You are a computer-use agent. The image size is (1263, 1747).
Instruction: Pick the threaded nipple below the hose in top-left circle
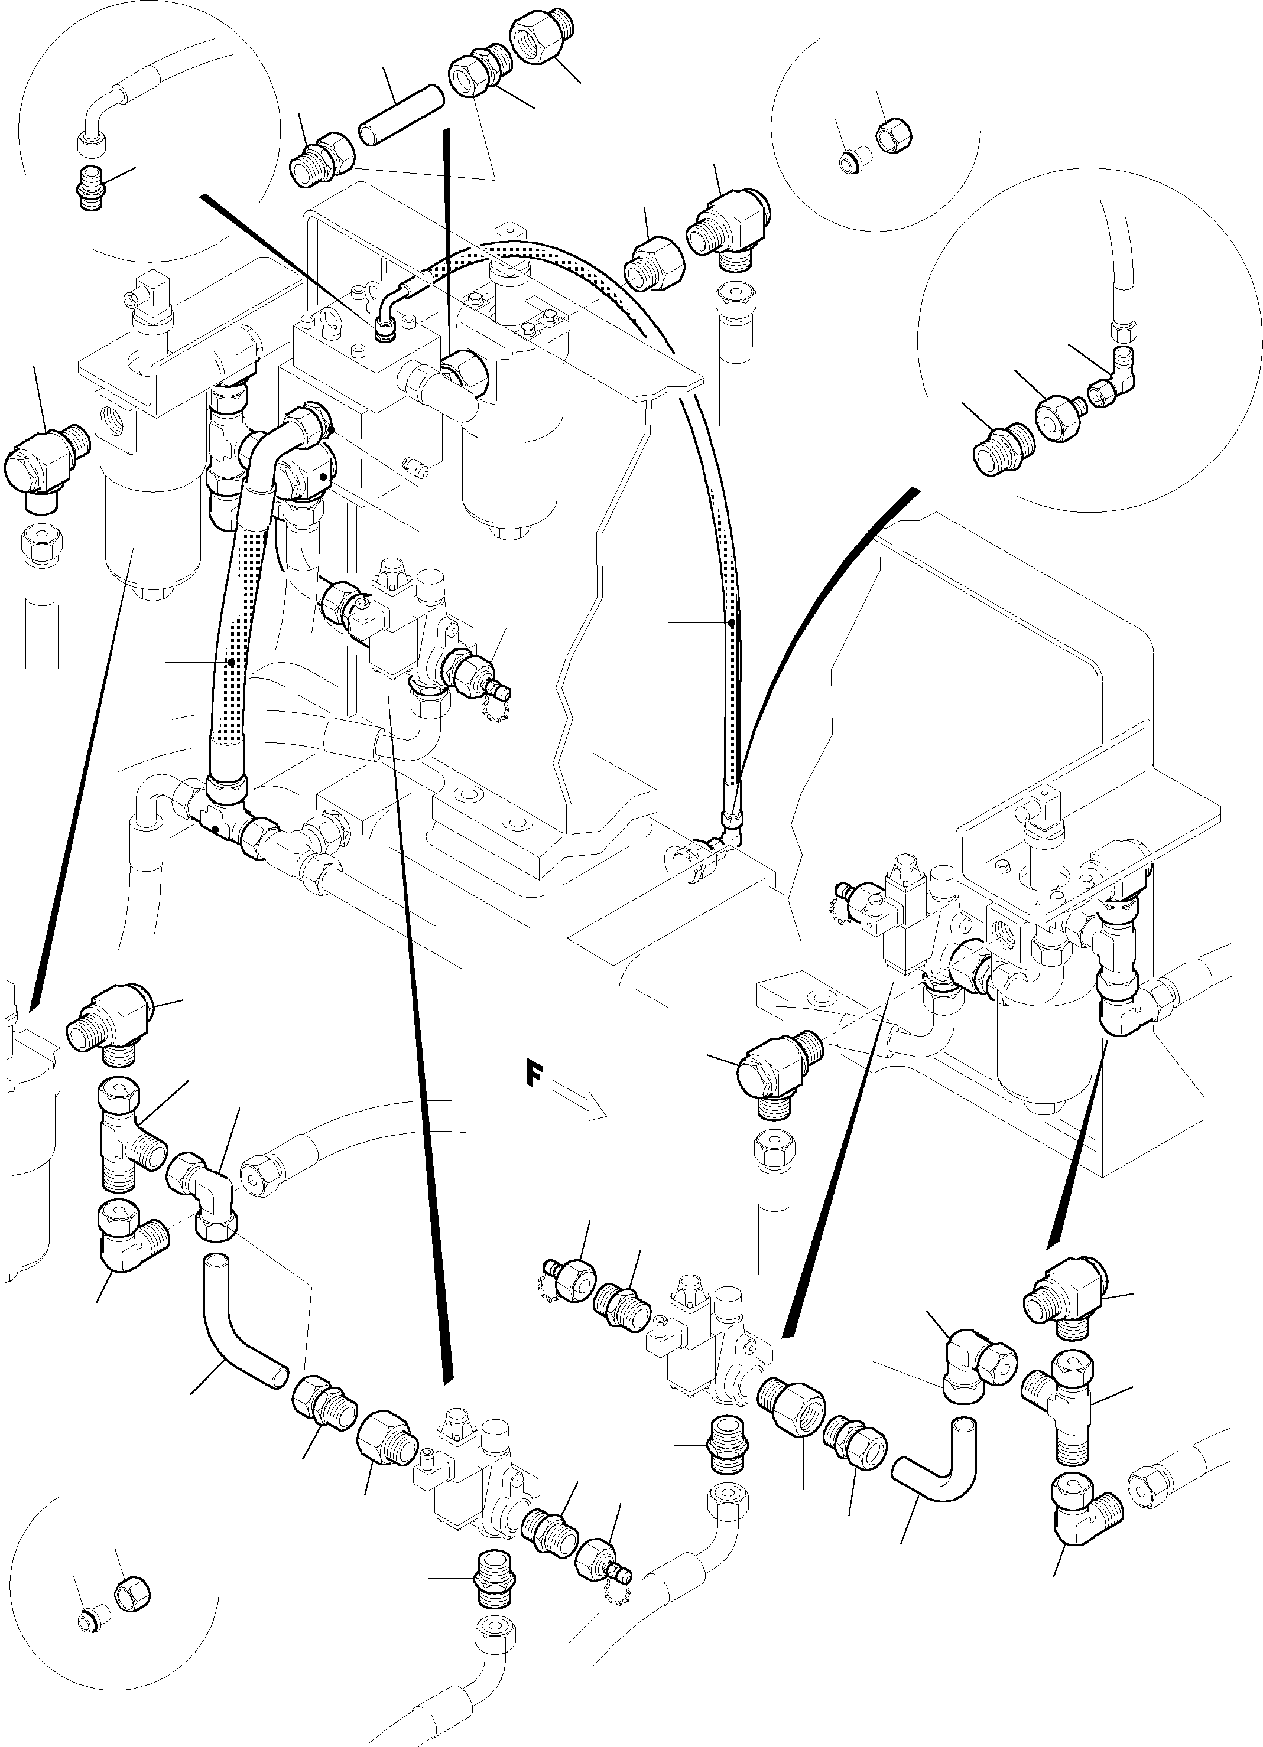tap(91, 187)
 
